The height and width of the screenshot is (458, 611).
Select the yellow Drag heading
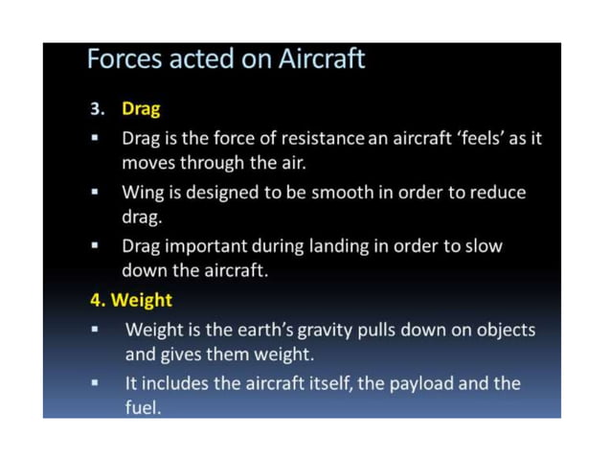(140, 108)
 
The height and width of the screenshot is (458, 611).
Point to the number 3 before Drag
(97, 108)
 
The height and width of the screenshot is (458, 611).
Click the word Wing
(141, 192)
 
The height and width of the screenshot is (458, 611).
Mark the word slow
(483, 245)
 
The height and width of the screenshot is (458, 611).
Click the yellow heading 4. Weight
(131, 300)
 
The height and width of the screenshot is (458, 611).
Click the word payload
(408, 383)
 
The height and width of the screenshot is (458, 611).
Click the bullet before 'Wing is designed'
(97, 193)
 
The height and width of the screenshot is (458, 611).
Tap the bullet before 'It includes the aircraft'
(97, 384)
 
